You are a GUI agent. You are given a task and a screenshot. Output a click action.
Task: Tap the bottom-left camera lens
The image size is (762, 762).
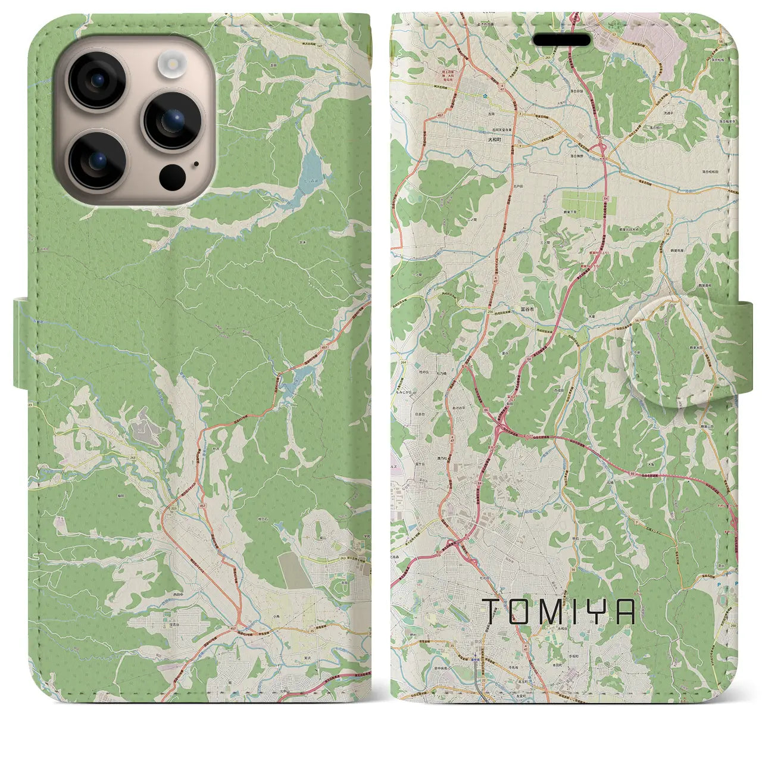pyautogui.click(x=98, y=160)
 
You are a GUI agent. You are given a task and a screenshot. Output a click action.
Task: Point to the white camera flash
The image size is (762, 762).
pyautogui.click(x=172, y=62)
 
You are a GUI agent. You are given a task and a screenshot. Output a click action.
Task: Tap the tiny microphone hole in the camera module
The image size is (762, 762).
pyautogui.click(x=196, y=164)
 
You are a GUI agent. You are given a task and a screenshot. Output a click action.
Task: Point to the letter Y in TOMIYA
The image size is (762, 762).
pyautogui.click(x=601, y=611)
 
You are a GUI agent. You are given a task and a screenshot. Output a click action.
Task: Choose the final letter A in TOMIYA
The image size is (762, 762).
pyautogui.click(x=627, y=611)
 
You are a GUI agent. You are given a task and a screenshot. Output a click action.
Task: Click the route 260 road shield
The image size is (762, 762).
pyautogui.click(x=732, y=624)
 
